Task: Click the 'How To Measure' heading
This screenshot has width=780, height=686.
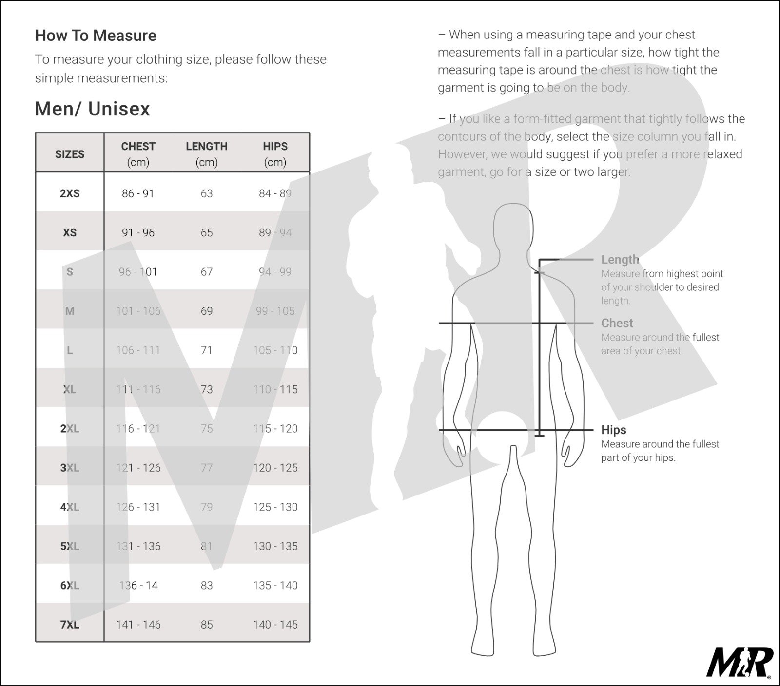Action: click(x=96, y=36)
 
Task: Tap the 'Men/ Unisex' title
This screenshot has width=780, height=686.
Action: click(x=92, y=109)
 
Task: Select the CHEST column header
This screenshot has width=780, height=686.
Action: click(x=138, y=153)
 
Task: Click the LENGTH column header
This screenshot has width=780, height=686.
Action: click(x=207, y=153)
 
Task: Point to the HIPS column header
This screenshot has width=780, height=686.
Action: click(x=275, y=153)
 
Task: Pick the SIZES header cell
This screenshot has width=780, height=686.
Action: click(x=70, y=154)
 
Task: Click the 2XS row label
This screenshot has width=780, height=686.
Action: click(x=70, y=193)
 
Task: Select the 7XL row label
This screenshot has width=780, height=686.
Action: click(x=70, y=625)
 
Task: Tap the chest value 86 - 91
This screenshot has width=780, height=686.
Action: click(x=138, y=193)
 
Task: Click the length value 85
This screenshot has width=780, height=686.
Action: click(x=207, y=625)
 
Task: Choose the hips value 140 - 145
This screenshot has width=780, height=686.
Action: click(x=275, y=625)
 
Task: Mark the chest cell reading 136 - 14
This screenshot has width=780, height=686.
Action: click(x=138, y=586)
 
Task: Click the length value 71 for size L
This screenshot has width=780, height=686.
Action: click(x=207, y=350)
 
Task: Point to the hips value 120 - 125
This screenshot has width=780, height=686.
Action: click(x=275, y=468)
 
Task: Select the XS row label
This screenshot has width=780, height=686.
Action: click(x=70, y=232)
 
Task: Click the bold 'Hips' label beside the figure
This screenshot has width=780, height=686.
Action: click(x=614, y=430)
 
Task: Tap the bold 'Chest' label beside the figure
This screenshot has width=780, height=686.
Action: click(x=617, y=323)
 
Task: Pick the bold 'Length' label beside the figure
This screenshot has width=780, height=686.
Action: click(x=620, y=260)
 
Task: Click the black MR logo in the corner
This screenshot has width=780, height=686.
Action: click(x=740, y=662)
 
